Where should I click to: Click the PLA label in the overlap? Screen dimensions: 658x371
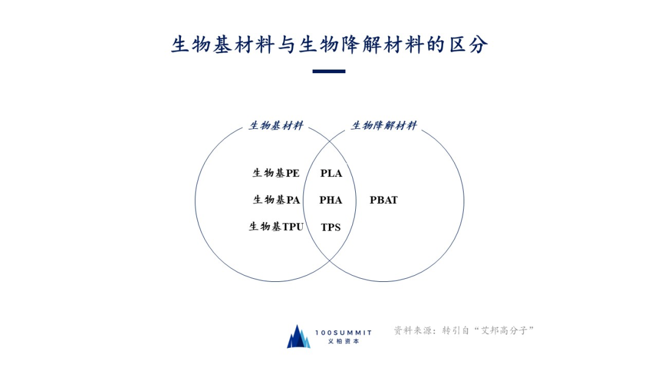[331, 173]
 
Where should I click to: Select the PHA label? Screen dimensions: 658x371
[331, 200]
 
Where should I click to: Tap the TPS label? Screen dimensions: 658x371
[331, 228]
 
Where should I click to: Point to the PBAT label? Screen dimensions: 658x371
[384, 200]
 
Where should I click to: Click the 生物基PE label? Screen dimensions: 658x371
[276, 173]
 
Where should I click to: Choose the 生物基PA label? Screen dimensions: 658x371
[277, 200]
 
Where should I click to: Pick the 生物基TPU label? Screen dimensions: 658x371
[276, 227]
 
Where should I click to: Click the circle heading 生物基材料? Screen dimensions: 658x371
[276, 126]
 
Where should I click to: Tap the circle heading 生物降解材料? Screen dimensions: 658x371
[384, 126]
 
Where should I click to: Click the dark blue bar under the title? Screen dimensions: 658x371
[329, 71]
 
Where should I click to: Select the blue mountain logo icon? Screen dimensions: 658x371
[299, 336]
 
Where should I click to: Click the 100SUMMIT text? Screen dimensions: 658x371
[344, 332]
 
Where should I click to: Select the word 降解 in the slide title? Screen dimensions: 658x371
[361, 45]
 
